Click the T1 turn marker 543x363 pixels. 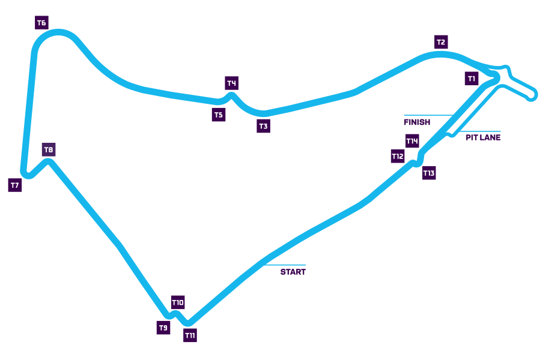click(x=472, y=79)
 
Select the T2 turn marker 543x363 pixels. click(x=441, y=42)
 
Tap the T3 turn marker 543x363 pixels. click(x=263, y=126)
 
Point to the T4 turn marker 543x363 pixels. click(x=232, y=83)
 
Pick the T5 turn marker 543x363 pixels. click(x=219, y=115)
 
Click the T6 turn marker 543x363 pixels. click(x=41, y=23)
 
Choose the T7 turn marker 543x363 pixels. click(x=15, y=185)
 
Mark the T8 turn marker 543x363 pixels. click(x=49, y=150)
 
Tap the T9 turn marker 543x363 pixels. click(x=163, y=328)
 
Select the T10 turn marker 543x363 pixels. click(x=178, y=302)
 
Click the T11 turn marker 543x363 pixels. click(x=190, y=336)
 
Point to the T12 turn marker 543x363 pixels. click(x=398, y=157)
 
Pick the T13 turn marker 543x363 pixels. click(x=428, y=173)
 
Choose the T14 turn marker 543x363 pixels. click(x=412, y=141)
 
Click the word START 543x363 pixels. click(x=293, y=272)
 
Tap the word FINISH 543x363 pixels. click(x=417, y=122)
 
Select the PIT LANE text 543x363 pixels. click(x=483, y=137)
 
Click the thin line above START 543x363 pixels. click(x=285, y=265)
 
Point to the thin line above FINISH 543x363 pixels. click(x=428, y=115)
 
